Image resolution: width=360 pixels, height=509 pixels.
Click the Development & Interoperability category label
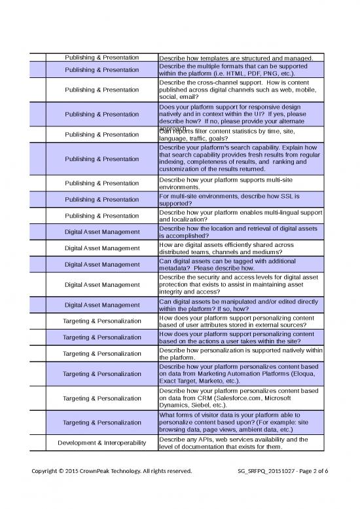pyautogui.click(x=101, y=443)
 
